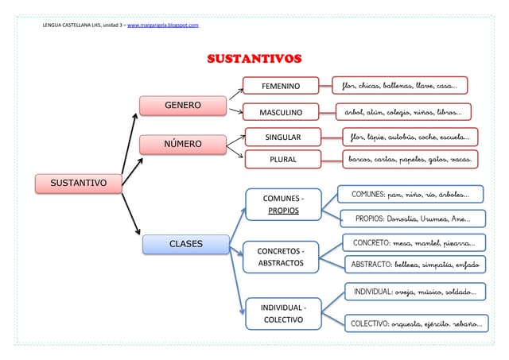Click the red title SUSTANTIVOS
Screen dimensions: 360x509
coord(254,59)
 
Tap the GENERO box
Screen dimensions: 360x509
coord(182,105)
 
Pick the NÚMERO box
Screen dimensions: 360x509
coord(182,145)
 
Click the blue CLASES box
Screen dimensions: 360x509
coord(185,244)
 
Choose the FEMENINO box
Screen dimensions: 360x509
coord(281,86)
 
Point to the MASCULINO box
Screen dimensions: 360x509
coord(281,111)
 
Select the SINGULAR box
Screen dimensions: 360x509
coord(282,137)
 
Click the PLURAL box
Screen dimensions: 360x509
coord(282,159)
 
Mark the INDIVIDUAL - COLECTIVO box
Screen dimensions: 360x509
coord(282,313)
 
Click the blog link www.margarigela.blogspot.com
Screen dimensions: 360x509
coord(162,25)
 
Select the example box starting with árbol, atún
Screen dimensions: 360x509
coord(403,111)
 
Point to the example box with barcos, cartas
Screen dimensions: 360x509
coord(410,159)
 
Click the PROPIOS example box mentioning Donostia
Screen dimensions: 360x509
coord(412,219)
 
